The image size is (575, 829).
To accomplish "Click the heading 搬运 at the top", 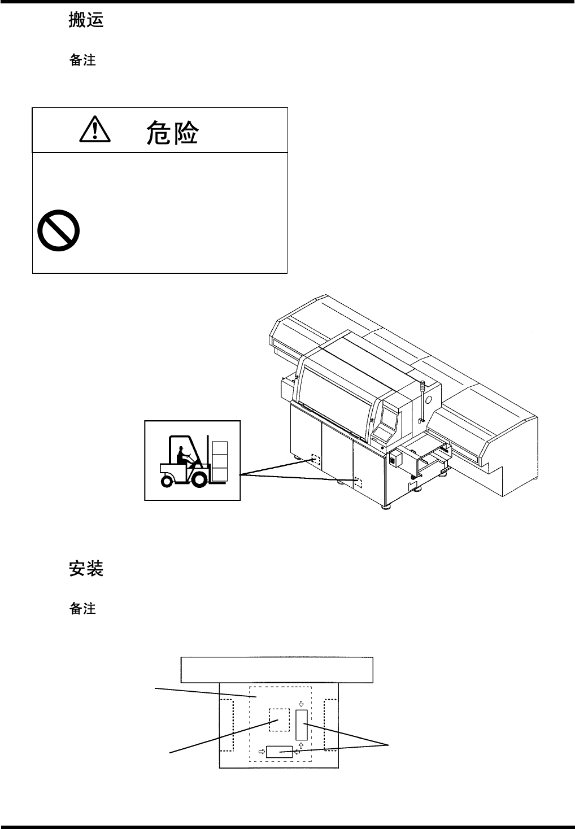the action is click(x=86, y=21).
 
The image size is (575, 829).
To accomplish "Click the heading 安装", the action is click(x=86, y=568).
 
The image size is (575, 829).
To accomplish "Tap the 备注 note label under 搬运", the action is click(x=82, y=60).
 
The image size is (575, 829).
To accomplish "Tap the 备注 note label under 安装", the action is click(x=82, y=608).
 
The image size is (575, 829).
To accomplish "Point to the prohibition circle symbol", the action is click(x=58, y=231).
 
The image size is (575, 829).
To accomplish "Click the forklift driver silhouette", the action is click(x=183, y=456).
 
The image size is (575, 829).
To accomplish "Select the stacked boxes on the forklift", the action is click(x=219, y=457).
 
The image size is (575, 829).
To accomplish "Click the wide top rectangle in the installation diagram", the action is click(x=277, y=670).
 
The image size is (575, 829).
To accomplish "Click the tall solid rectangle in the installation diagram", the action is click(x=302, y=725).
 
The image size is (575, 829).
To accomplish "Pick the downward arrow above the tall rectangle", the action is click(x=302, y=704).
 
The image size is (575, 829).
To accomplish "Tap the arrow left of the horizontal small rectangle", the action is click(x=262, y=752).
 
